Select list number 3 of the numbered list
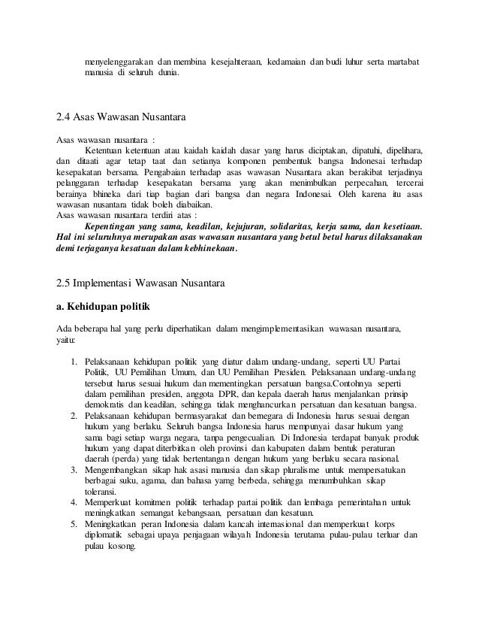point(74,470)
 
